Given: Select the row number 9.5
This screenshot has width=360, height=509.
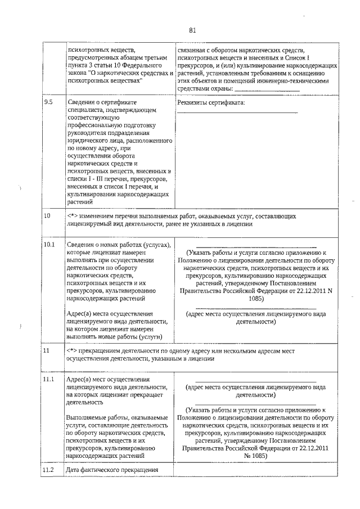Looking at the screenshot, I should point(48,102).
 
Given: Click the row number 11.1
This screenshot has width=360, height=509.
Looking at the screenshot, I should point(49,380).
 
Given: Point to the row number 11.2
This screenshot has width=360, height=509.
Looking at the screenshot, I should point(49,470).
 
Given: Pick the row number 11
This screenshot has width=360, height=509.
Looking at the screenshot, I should point(47,350).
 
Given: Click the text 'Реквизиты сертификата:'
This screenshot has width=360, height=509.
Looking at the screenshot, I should point(211,102).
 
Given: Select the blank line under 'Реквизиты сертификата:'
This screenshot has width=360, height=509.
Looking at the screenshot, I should point(237,113).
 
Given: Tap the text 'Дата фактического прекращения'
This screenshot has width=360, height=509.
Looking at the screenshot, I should point(110,470).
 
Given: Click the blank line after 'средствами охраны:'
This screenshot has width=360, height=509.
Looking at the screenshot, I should point(267,89).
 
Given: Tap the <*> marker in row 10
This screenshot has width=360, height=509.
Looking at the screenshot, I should point(71,215).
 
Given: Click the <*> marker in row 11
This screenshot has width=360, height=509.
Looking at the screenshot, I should point(71,350).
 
